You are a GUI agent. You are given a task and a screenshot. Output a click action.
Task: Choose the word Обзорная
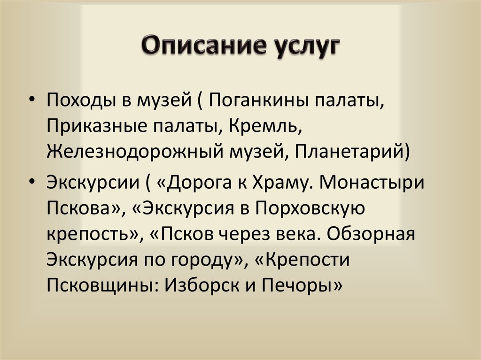371,234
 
